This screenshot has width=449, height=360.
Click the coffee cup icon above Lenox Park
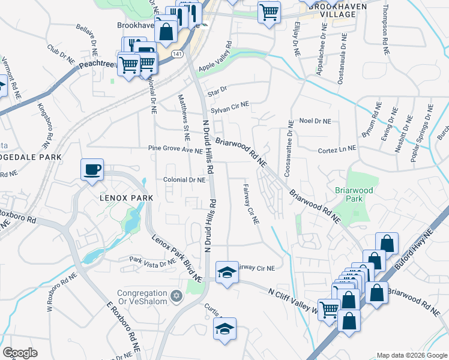92,170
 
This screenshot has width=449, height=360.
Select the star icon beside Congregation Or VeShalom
176,295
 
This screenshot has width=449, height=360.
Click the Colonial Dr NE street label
185,179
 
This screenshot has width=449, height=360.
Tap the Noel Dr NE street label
315,121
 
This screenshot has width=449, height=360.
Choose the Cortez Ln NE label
335,148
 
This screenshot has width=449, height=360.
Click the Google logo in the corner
20,352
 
